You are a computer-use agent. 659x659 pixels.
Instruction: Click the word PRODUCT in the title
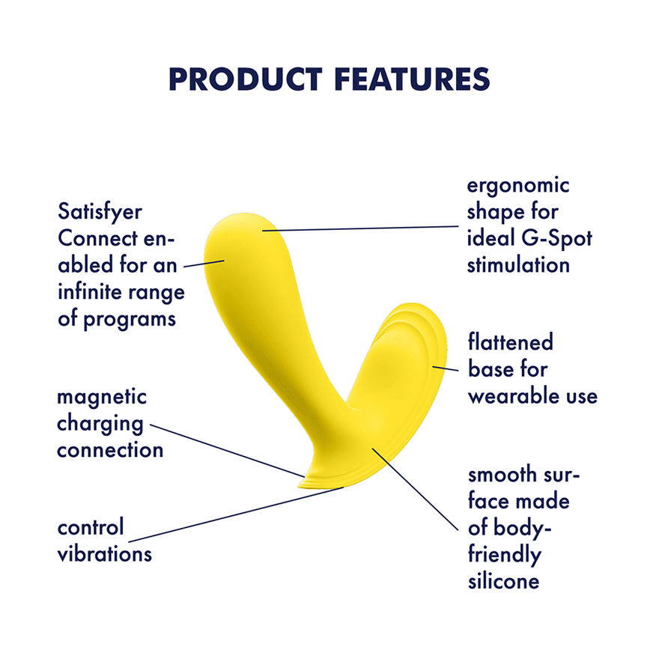pos(246,79)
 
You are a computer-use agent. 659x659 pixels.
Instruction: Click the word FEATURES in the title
pos(413,79)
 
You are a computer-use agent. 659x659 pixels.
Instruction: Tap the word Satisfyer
pos(100,212)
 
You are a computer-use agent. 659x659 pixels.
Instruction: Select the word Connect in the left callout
pos(97,238)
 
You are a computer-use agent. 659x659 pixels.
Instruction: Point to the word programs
pos(130,320)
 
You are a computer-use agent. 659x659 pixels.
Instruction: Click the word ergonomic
pos(518,186)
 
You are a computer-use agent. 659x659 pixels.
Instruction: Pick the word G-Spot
pos(557,239)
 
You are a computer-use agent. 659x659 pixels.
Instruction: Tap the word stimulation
pos(518,265)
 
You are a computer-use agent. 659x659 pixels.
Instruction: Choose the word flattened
pos(510,341)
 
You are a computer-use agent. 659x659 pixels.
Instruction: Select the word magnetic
pos(102,397)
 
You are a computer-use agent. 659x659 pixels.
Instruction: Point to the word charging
pos(100,425)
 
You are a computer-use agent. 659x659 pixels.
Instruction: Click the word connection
pos(110,451)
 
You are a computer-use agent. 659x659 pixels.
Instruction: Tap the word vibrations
pos(105,553)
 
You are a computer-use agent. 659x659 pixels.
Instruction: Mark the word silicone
pos(503,581)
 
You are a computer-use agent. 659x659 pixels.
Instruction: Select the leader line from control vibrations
pos(236,515)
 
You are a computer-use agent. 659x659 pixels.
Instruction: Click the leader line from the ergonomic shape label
pos(360,228)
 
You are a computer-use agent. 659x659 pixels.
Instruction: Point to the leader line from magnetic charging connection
pos(227,451)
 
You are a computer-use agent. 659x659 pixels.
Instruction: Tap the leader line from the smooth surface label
pos(415,489)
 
